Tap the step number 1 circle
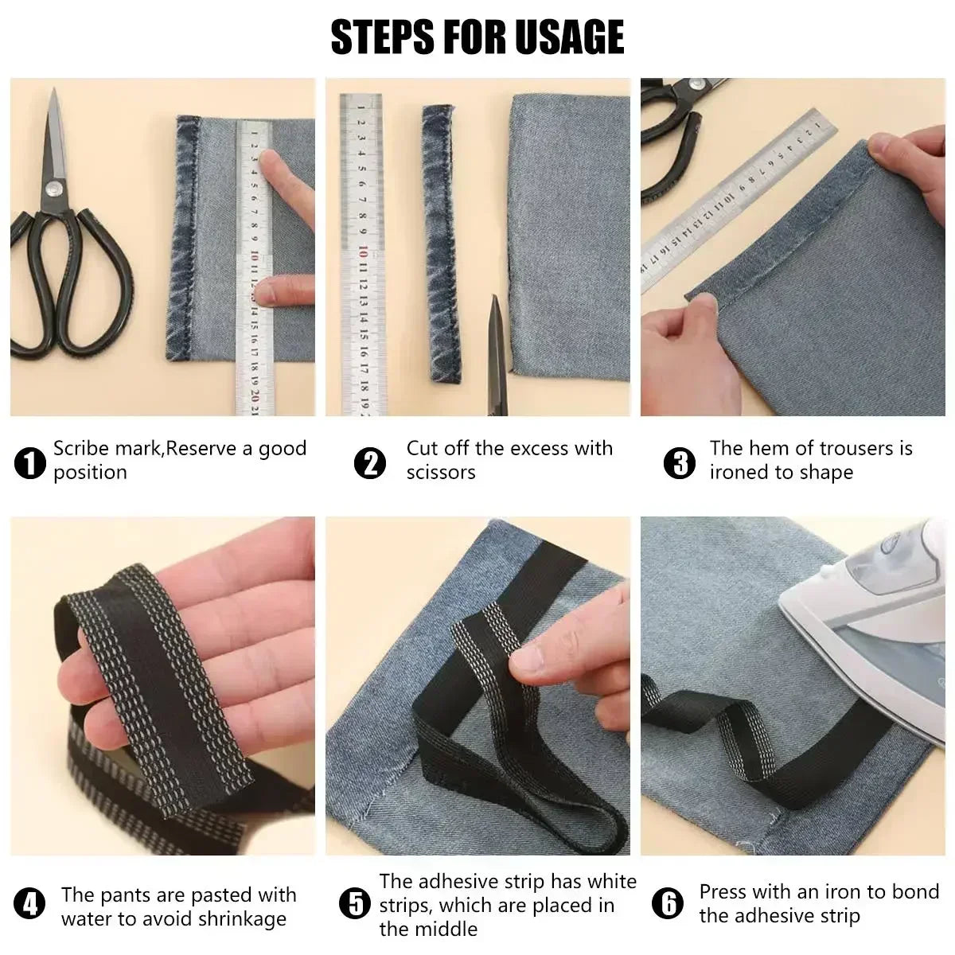pos(30,462)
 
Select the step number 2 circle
pos(370,462)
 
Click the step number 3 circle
pos(679,462)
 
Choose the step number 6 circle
pos(667,905)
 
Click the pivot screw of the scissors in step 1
pos(54,189)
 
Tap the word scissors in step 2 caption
pos(440,473)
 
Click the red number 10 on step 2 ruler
pos(363,252)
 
